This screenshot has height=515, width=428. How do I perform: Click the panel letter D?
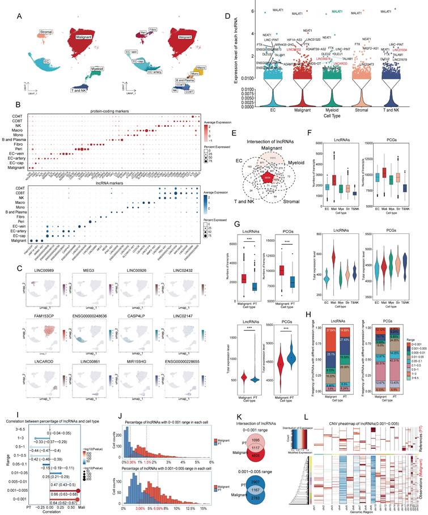tap(227, 16)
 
